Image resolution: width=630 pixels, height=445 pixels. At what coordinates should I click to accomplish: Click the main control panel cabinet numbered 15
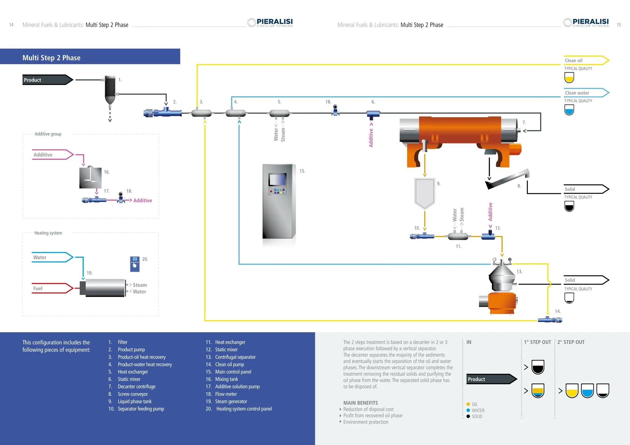point(278,201)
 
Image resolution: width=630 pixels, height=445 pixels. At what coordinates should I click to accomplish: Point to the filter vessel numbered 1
point(110,89)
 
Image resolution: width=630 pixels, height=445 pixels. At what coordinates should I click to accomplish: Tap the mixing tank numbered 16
point(90,178)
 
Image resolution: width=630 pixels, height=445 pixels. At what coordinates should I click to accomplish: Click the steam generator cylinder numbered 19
point(105,288)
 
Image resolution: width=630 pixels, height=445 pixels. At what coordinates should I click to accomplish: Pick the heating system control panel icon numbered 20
point(135,264)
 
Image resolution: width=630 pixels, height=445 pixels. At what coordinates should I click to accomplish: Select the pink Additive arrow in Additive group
point(52,155)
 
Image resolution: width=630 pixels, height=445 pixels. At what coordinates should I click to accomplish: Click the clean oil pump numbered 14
point(550,320)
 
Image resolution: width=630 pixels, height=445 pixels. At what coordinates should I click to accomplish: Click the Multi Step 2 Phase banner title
point(51,58)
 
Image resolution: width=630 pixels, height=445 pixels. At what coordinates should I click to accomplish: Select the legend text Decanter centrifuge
point(137,387)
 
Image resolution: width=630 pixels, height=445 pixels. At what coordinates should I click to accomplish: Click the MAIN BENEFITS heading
point(361,403)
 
